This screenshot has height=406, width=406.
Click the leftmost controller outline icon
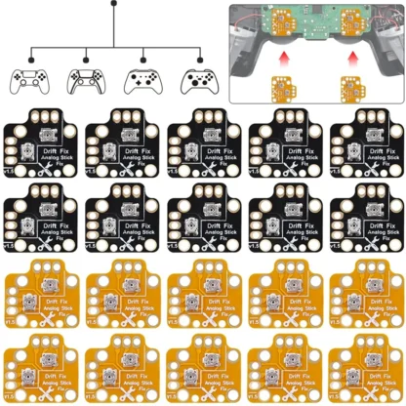point(28,79)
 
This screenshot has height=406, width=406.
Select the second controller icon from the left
point(86,79)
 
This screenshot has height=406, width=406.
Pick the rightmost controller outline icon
point(200,79)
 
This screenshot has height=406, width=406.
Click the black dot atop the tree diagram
point(115,4)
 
